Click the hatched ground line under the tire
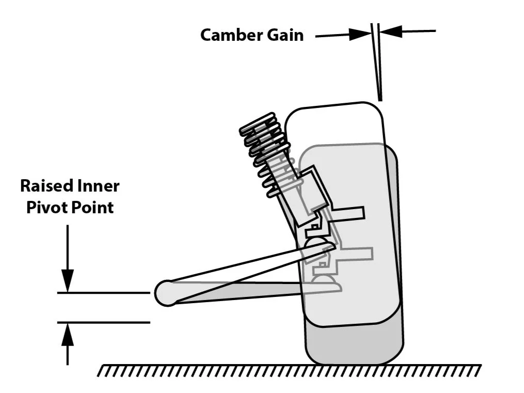289,371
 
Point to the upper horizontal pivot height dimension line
103,293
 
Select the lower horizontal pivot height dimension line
103,323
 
